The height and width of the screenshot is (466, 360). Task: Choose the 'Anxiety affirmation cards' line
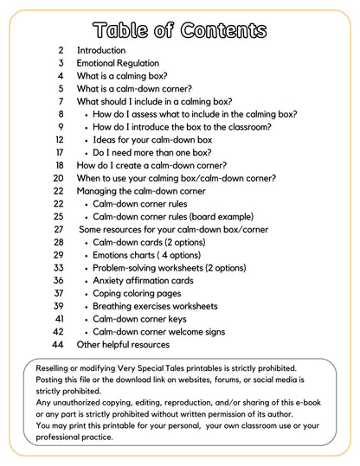pos(143,280)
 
